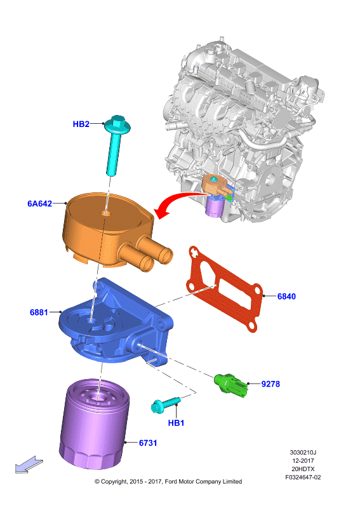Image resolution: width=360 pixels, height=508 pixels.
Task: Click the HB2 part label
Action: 81,124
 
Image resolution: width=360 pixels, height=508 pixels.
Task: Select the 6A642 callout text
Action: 40,203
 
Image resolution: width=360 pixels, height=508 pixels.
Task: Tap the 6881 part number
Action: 39,312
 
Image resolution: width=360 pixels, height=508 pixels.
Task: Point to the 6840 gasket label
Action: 286,297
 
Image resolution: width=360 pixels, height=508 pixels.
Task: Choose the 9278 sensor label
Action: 270,384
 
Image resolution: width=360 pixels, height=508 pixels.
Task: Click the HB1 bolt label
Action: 176,423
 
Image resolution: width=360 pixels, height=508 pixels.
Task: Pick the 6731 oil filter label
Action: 148,443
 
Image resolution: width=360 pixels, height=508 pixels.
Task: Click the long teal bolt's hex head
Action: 117,124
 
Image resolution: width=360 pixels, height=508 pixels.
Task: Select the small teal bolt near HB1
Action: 166,404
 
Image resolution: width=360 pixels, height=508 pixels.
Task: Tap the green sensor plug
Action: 231,385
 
